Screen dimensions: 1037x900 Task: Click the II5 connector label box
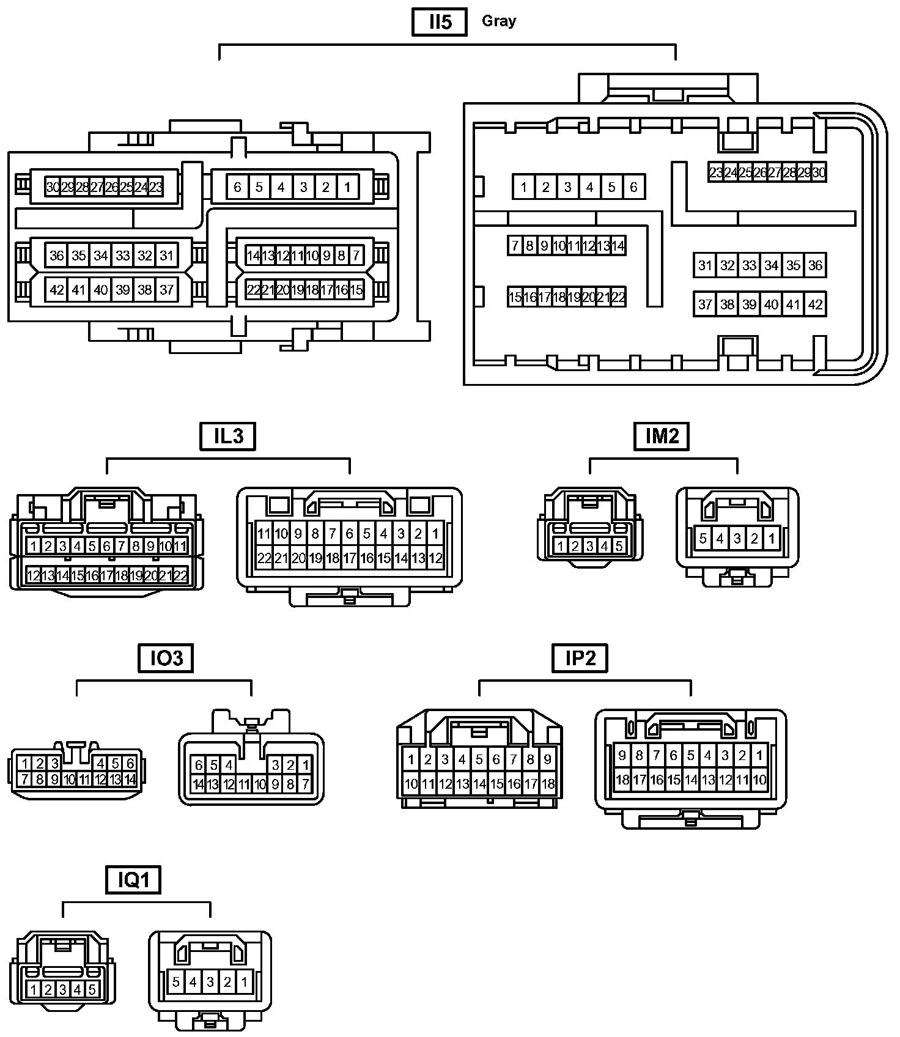440,23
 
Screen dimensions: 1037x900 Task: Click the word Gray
499,21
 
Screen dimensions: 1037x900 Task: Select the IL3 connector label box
227,437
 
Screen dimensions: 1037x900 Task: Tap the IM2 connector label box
662,437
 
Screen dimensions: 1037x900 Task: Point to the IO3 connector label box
166,659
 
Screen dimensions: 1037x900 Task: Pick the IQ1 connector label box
133,880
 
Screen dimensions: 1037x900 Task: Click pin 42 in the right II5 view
815,304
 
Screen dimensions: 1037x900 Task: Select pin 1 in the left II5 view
347,187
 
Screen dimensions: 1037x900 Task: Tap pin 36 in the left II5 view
57,256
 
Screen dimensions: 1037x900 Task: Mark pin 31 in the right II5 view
705,265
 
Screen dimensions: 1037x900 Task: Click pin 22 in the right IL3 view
264,558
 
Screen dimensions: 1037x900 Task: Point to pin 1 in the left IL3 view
34,546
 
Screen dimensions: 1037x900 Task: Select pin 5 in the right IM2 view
703,539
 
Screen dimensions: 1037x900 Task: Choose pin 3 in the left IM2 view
589,546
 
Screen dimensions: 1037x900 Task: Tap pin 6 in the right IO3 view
199,765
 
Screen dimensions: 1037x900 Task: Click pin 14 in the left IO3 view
130,780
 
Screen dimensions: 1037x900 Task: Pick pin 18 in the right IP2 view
622,780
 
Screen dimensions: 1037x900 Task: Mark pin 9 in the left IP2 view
548,759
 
